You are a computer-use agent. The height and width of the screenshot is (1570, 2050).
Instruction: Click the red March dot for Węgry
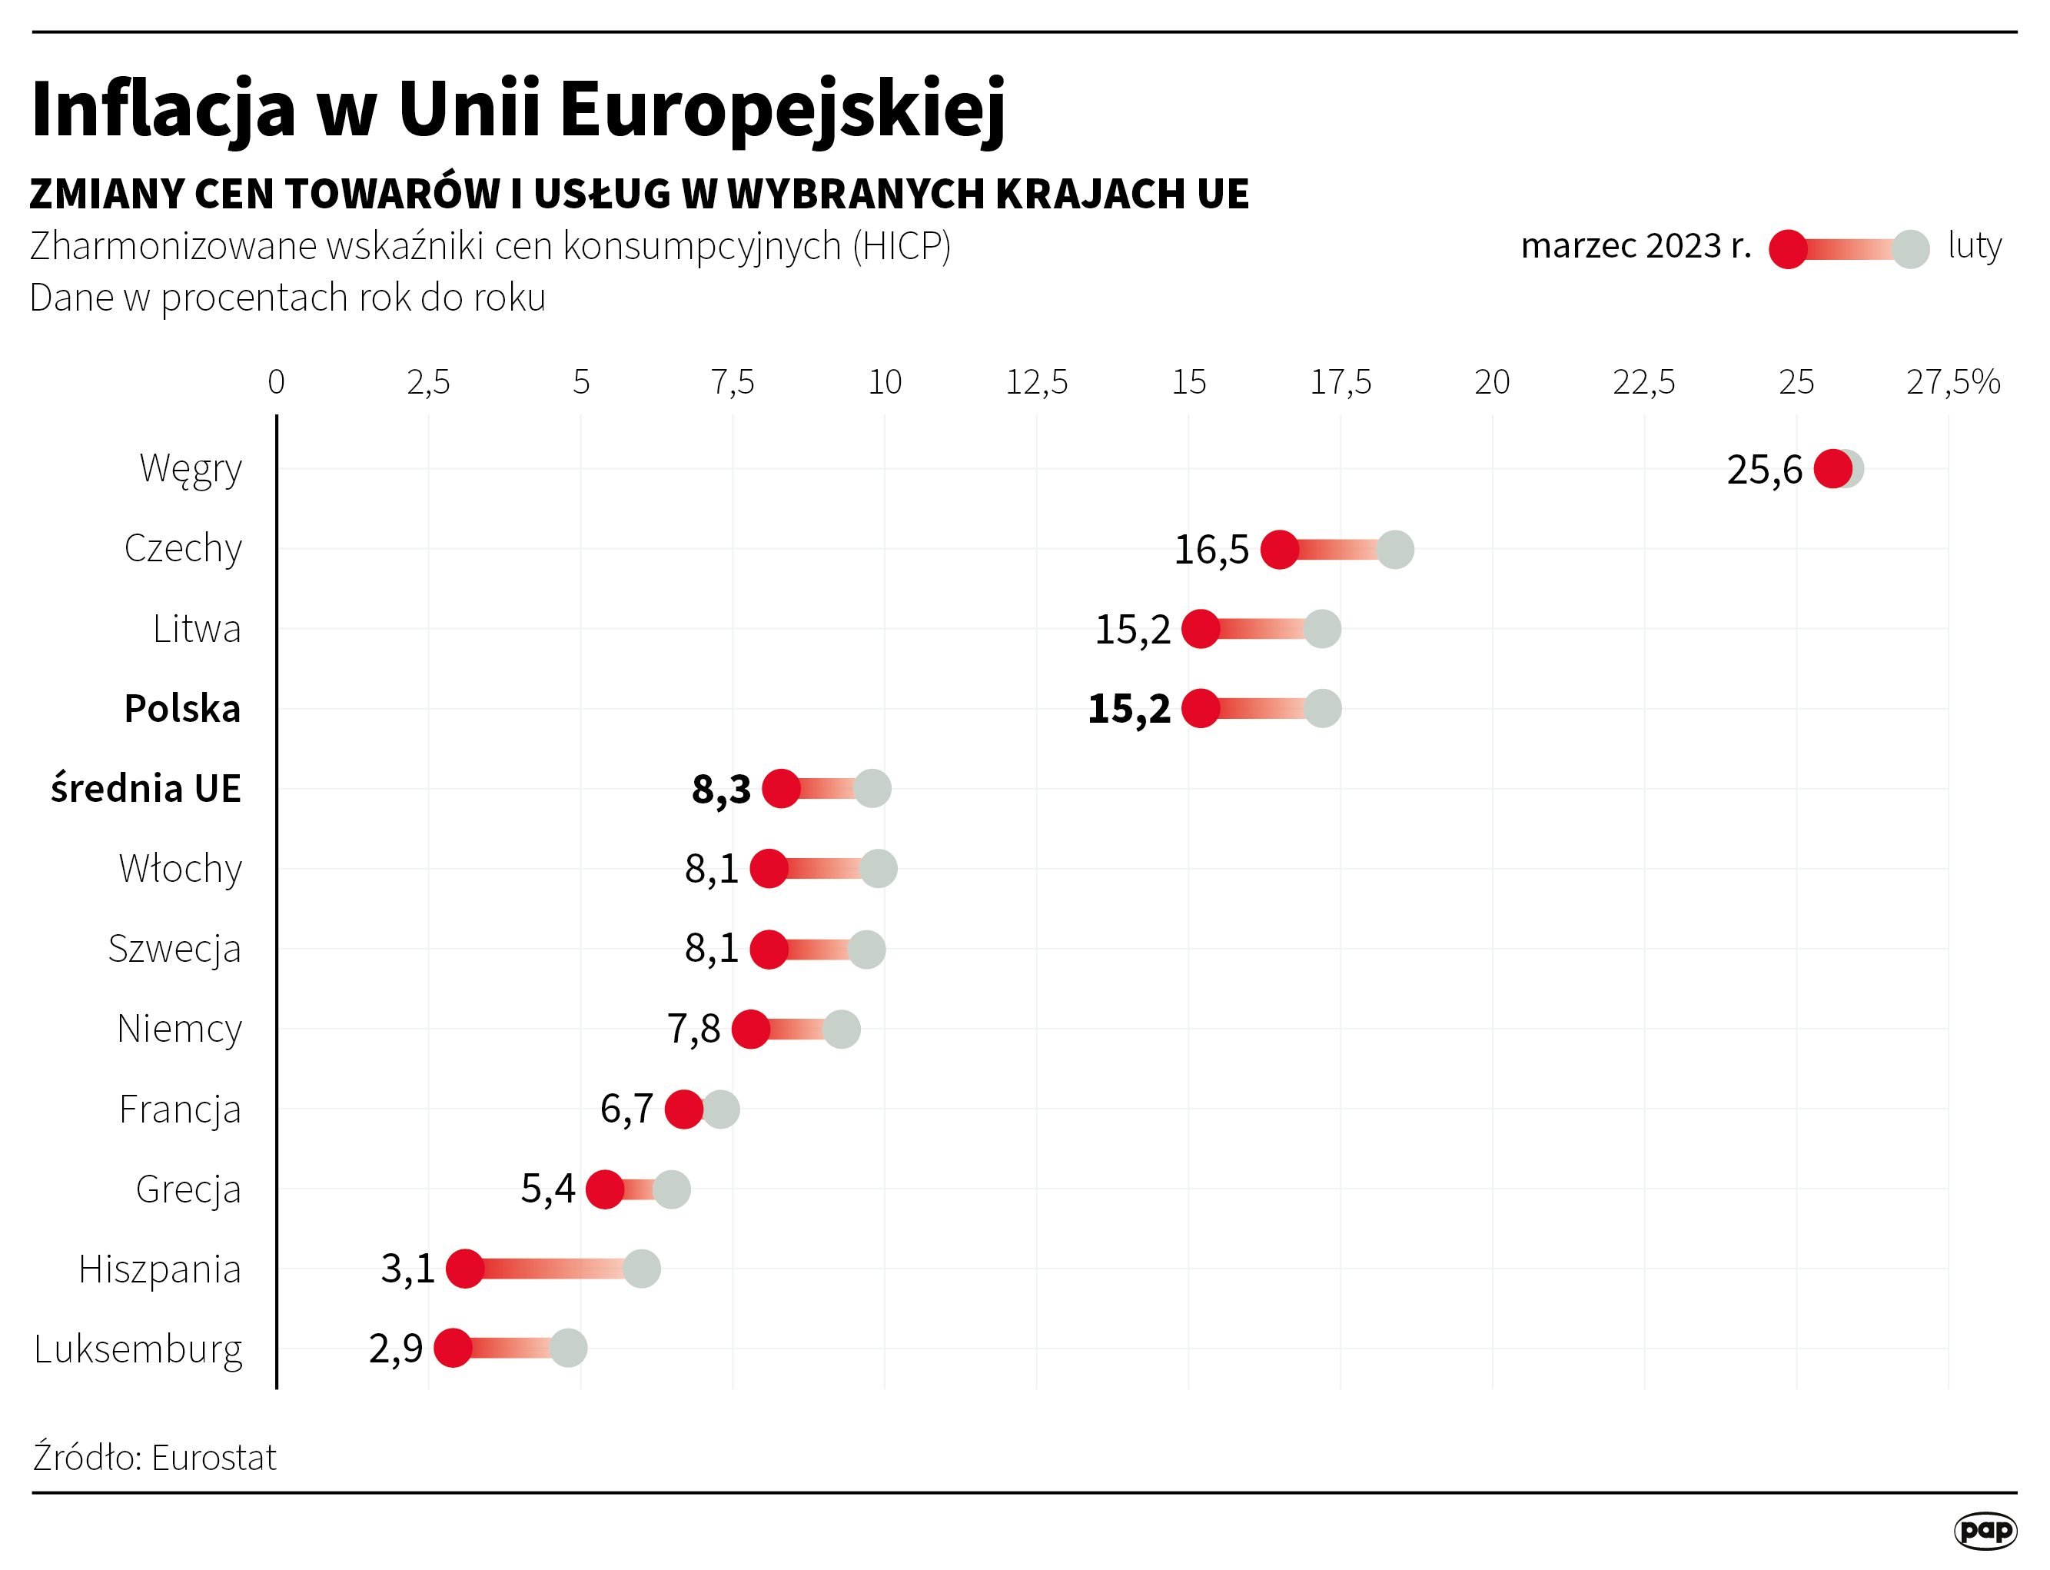(1832, 469)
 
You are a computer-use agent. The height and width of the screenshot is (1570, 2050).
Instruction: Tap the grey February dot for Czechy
(1395, 550)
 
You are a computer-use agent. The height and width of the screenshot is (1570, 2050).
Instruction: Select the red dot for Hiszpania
(465, 1269)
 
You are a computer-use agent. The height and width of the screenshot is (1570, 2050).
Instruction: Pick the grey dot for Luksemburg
(568, 1349)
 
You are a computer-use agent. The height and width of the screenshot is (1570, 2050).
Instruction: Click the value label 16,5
(1211, 550)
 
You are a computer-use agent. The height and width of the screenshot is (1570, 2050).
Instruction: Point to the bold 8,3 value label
(720, 790)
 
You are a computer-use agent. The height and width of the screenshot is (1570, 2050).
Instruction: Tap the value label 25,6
(1764, 470)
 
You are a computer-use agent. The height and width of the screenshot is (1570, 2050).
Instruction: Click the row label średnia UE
(146, 789)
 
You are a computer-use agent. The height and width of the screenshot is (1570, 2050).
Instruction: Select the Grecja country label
(188, 1189)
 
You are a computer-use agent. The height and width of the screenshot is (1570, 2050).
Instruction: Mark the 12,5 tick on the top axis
(1036, 382)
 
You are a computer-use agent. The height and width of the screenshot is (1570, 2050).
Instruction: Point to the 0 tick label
(277, 382)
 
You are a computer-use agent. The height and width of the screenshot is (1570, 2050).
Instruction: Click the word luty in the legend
(1975, 246)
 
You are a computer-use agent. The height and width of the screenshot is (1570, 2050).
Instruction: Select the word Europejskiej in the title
(783, 109)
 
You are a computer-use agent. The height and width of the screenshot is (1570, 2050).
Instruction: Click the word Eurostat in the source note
(214, 1458)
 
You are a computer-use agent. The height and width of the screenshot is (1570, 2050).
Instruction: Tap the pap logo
(1985, 1531)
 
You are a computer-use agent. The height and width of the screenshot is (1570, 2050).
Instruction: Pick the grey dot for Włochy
(879, 869)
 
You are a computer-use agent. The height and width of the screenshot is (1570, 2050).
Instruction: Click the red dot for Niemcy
(750, 1029)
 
